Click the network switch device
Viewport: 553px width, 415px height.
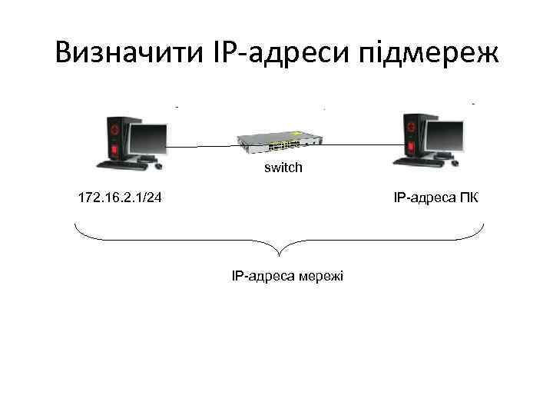(x=280, y=141)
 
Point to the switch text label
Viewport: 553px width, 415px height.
(x=283, y=167)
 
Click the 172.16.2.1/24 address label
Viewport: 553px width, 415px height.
(x=120, y=198)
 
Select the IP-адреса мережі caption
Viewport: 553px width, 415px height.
(x=288, y=274)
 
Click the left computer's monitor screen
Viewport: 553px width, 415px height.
(x=147, y=139)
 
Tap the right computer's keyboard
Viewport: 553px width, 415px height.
(x=415, y=162)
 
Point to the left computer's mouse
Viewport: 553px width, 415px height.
(x=159, y=165)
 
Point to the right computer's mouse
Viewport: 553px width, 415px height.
(x=452, y=162)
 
